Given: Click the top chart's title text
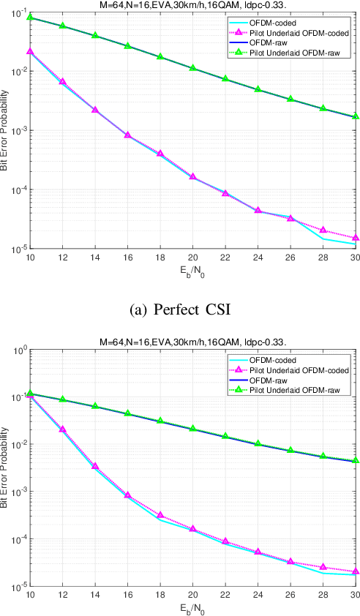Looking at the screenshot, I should click(192, 7).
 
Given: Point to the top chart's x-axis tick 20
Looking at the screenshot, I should click(192, 258).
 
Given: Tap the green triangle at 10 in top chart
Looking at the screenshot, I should click(30, 17).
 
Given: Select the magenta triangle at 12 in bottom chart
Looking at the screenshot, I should click(62, 429).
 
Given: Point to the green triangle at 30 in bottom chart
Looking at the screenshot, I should click(355, 461).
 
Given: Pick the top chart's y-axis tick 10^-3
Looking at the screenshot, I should click(16, 131).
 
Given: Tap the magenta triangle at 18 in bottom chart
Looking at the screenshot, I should click(160, 515).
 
